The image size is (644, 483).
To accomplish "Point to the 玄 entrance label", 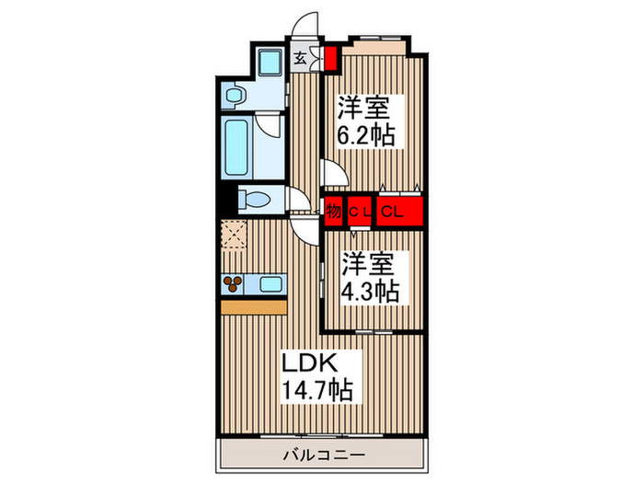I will pos(301,58).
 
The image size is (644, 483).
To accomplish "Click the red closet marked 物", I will pos(334,212).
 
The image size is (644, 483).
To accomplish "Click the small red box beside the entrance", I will pos(330,59).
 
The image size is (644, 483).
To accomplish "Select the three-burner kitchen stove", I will pos(233,283).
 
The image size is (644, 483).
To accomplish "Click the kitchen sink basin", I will pos(270,283).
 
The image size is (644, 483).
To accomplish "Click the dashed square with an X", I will pos(236,235).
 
